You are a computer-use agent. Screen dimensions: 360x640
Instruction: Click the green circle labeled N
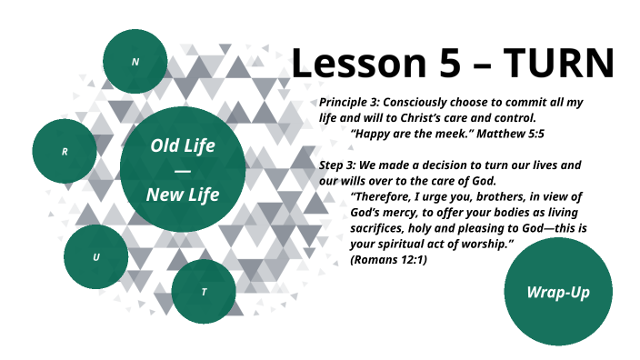(x=135, y=62)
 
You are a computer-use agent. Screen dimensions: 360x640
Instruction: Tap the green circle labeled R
(x=65, y=151)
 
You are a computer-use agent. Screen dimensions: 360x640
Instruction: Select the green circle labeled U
(x=96, y=257)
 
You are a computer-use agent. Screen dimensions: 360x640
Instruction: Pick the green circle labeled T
(x=204, y=291)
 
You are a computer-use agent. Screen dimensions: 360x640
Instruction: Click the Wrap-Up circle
(x=558, y=292)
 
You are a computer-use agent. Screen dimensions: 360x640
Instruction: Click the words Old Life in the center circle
(x=183, y=145)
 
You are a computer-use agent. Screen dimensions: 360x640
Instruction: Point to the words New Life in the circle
(x=183, y=194)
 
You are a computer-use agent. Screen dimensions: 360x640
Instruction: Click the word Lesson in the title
(x=354, y=64)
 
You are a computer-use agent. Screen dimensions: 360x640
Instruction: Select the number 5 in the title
(x=443, y=64)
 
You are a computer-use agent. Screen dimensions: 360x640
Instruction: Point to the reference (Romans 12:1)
(x=388, y=261)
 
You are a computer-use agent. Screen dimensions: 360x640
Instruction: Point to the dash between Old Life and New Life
(x=183, y=170)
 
